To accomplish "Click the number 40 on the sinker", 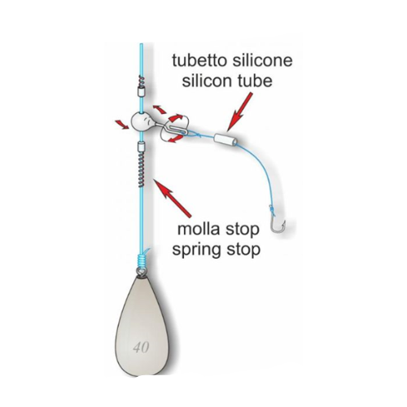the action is (141, 347).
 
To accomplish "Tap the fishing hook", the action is (278, 223).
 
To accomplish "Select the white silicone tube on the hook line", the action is (226, 139).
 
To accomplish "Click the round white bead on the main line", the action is (141, 122).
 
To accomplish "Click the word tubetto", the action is (200, 60).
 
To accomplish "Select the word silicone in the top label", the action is (263, 60).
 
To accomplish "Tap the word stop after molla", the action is (242, 230).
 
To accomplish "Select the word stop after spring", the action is (243, 251).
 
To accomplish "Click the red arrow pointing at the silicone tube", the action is (239, 112).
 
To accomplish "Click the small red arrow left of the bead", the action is (122, 125).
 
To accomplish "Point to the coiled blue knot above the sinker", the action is (142, 260).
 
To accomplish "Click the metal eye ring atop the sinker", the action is (141, 272).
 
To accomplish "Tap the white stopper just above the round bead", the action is (141, 92).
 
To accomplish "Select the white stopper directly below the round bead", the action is (142, 147).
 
